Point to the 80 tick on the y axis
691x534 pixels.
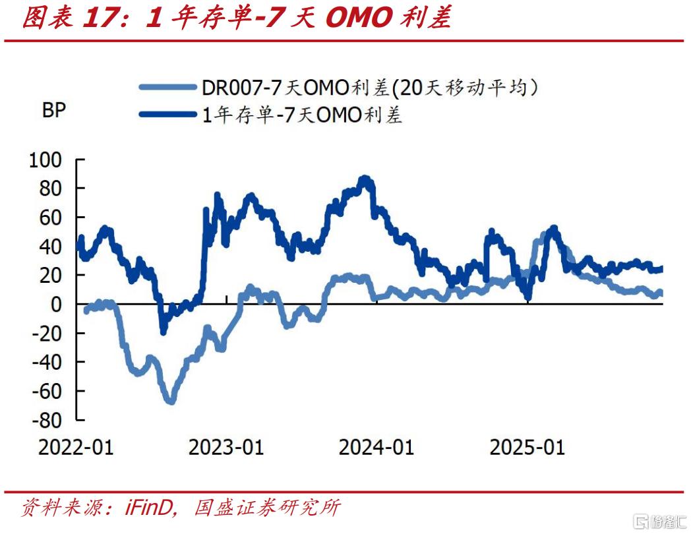coord(50,189)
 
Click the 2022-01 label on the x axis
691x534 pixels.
coord(76,448)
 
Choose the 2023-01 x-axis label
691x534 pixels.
coord(226,448)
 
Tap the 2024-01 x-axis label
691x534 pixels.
coord(376,448)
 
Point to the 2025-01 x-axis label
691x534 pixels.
coord(527,448)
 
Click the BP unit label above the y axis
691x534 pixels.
coord(54,110)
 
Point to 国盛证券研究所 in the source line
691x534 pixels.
coord(267,508)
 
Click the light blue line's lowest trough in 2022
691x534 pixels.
coord(170,400)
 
